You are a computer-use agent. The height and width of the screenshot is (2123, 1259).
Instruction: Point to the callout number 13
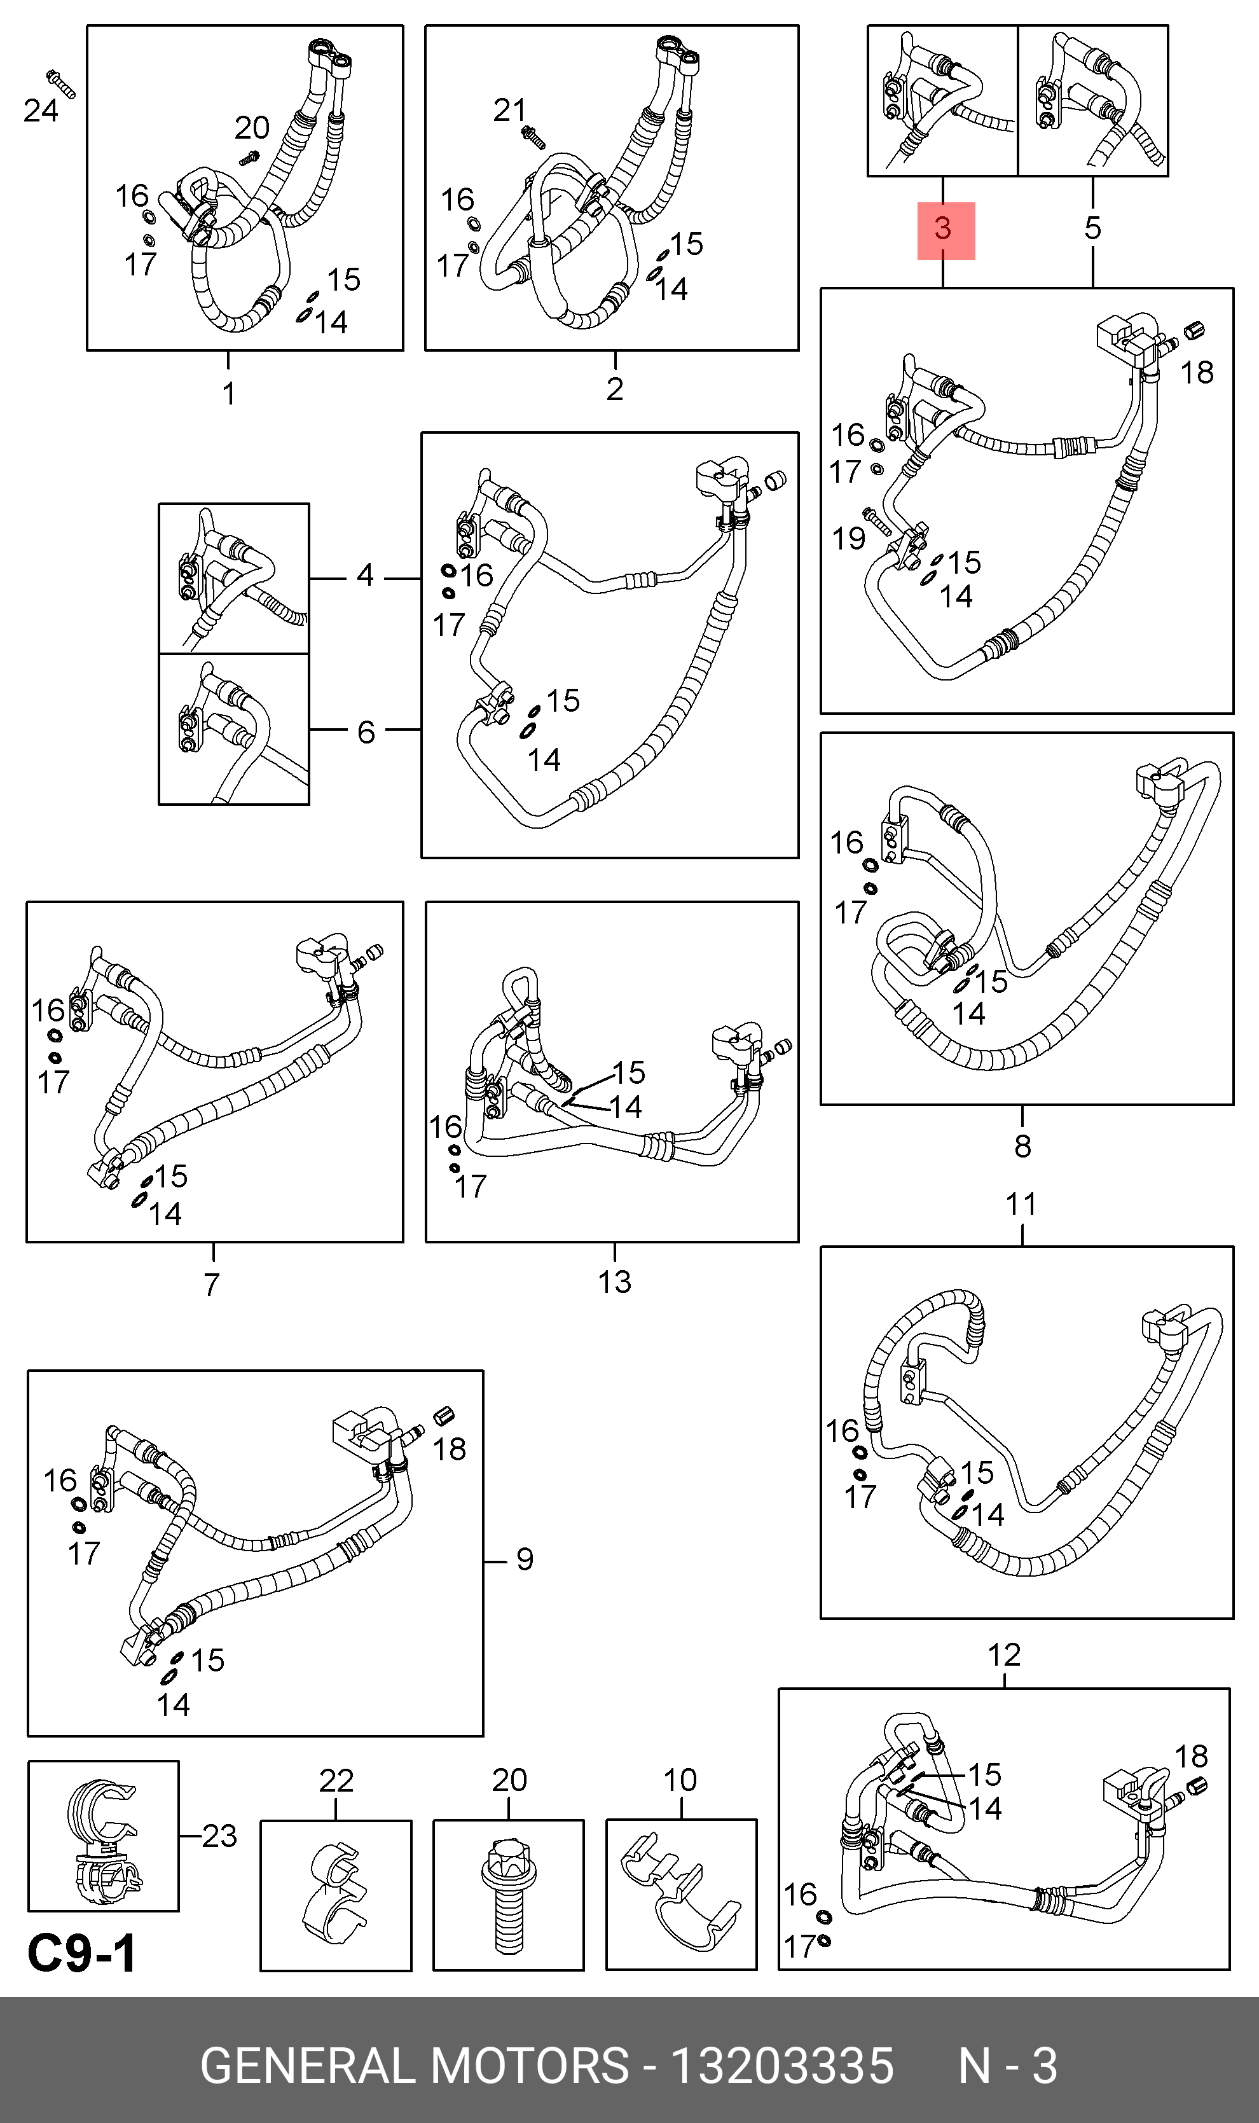pos(614,1282)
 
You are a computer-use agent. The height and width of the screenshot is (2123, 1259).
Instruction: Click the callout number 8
pos(1022,1146)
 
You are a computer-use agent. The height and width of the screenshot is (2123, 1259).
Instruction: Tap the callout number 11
pos(1021,1204)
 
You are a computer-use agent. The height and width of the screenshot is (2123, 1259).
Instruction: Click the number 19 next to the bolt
pos(848,538)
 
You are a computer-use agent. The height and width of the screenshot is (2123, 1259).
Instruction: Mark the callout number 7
pos(212,1285)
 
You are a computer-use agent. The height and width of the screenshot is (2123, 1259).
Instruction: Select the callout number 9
pos(525,1559)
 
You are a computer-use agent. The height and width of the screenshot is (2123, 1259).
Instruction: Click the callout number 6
pos(366,731)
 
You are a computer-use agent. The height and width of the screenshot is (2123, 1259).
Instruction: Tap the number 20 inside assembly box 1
pos(252,128)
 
